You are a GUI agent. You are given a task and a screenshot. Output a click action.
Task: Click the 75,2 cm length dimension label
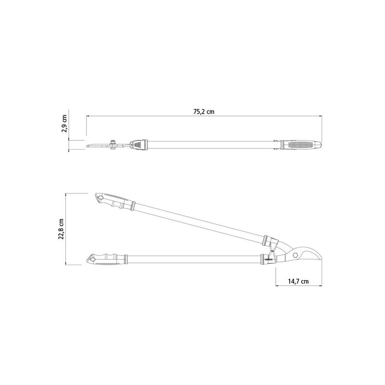coord(204,112)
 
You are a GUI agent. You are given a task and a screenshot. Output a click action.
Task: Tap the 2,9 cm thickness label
coord(64,124)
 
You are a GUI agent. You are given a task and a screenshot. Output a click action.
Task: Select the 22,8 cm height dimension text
coord(61,229)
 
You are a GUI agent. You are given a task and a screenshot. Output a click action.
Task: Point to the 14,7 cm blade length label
coord(298,282)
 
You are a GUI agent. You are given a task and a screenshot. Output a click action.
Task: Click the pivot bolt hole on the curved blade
coord(296,255)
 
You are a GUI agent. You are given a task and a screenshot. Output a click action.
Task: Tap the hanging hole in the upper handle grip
coord(100,197)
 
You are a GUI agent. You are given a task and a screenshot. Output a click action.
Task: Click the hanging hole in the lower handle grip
coord(92,259)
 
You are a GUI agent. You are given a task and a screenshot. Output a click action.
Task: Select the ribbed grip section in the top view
coord(301,145)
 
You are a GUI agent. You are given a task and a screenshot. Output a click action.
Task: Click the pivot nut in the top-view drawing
coord(113,145)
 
